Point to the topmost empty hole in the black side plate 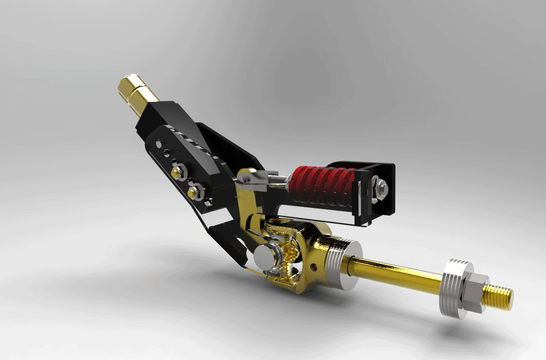[159, 143]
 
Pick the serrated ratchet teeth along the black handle [200, 143]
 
